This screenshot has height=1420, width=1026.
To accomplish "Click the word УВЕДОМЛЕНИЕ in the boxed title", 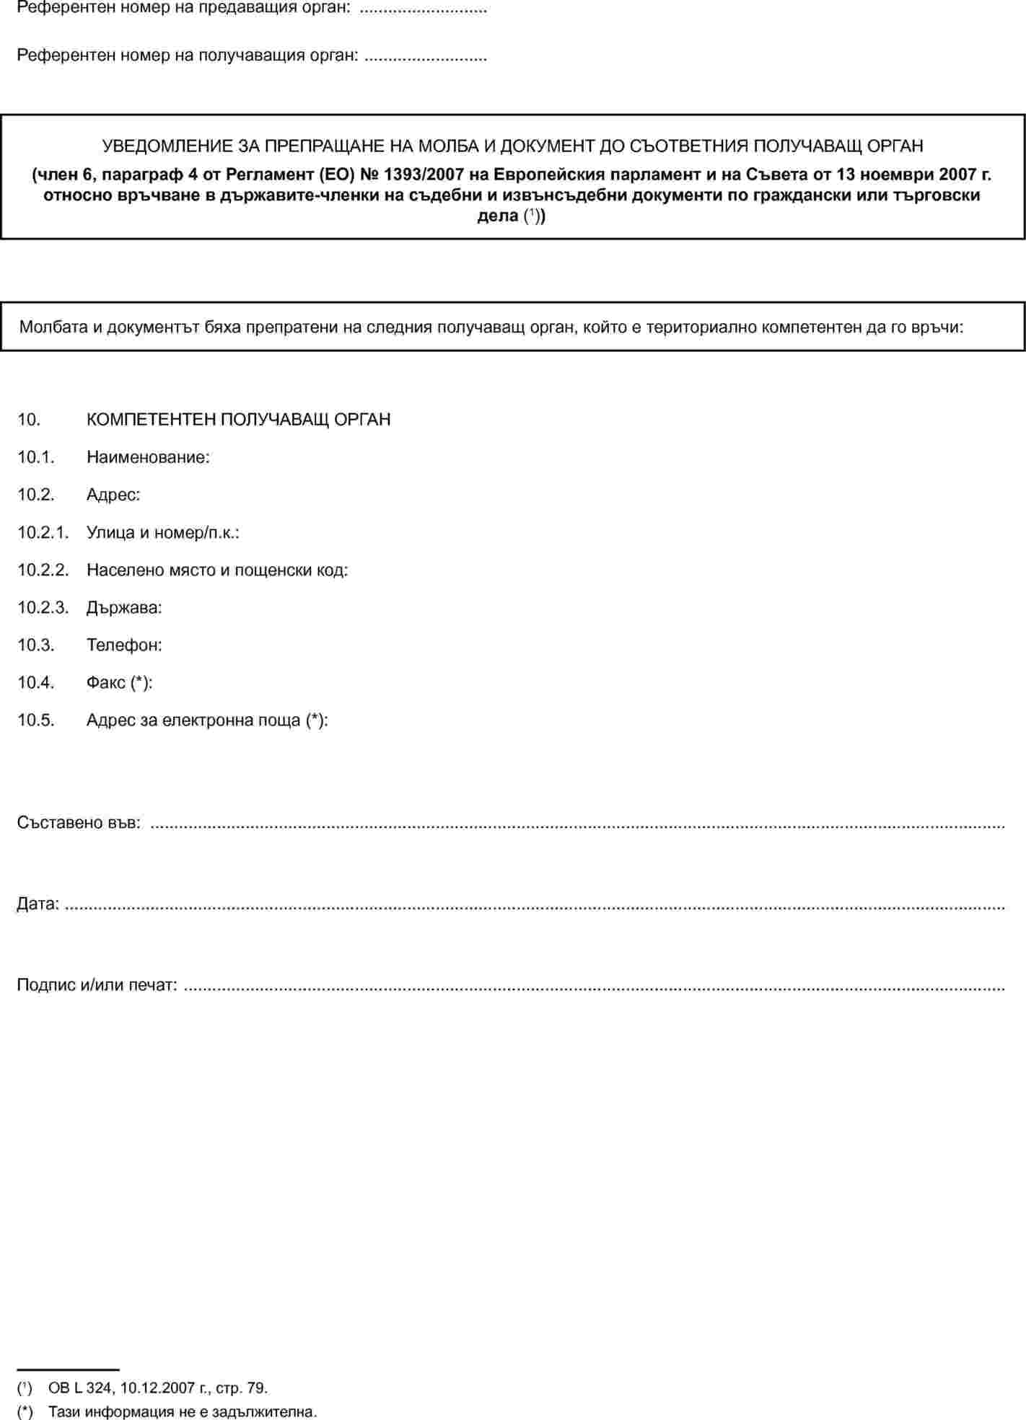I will click(x=168, y=146).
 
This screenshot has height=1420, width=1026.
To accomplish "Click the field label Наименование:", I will click(x=148, y=457).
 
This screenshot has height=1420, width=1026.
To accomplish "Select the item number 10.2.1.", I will click(x=43, y=533).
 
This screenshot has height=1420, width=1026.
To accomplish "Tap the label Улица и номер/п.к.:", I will click(x=163, y=533).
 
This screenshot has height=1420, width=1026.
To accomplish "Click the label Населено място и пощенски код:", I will click(x=217, y=570).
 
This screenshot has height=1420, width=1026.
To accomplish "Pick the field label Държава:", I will click(x=124, y=608).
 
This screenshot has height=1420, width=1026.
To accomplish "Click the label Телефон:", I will click(x=124, y=645).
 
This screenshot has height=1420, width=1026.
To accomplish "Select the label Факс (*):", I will click(x=119, y=683).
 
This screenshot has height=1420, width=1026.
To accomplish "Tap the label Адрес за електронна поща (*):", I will click(x=207, y=720).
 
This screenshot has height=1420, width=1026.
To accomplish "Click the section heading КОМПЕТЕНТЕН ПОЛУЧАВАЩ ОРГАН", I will click(x=238, y=420).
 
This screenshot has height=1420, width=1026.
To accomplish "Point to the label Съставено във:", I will click(x=79, y=823).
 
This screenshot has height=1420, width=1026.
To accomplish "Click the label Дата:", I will click(x=38, y=904).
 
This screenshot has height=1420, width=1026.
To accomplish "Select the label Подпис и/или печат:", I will click(x=97, y=985).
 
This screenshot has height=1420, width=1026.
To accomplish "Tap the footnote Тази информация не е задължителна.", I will click(x=183, y=1412).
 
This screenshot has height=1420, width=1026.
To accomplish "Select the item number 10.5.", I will click(x=36, y=720).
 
